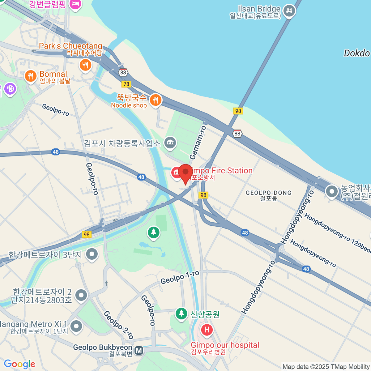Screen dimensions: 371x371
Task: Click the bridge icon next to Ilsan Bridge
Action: [289, 11]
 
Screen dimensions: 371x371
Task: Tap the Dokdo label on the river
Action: [357, 53]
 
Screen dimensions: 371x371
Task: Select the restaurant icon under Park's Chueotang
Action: [85, 65]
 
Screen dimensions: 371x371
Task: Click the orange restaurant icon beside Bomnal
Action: [30, 75]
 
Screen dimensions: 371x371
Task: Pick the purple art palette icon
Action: [10, 89]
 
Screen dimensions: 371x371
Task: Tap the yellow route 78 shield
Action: [126, 84]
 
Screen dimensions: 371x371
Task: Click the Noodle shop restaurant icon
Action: [156, 100]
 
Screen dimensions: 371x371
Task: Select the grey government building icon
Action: [170, 143]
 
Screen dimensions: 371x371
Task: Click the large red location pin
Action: [185, 173]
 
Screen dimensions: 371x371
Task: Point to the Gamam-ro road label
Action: [198, 143]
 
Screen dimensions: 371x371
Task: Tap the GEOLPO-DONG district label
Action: [268, 195]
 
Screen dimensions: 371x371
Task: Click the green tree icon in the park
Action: [153, 232]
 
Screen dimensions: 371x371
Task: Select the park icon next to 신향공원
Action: [181, 313]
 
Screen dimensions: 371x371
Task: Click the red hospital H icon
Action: [207, 330]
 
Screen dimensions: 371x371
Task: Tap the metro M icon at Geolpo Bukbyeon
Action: [139, 350]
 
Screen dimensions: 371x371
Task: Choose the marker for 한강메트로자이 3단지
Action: [92, 254]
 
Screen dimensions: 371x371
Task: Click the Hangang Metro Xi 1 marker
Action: [76, 326]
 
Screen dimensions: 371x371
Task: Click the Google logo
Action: [19, 364]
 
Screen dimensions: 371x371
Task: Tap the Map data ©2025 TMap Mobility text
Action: [326, 367]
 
